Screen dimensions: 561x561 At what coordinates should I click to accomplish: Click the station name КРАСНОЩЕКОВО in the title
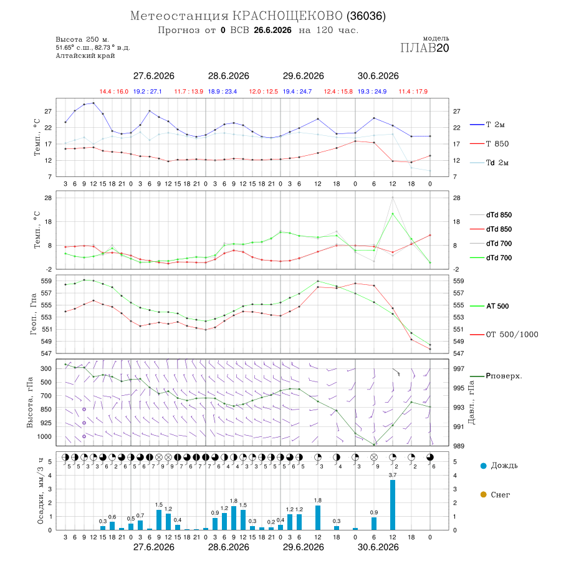[x=287, y=16]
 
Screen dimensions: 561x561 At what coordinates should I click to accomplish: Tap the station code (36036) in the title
[x=366, y=16]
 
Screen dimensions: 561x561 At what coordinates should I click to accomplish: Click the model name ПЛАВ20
[x=424, y=47]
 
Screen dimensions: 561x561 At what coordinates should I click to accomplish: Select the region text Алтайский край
[x=85, y=55]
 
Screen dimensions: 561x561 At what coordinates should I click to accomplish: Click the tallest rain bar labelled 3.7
[x=393, y=504]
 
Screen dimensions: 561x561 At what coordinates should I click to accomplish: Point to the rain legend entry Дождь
[x=499, y=466]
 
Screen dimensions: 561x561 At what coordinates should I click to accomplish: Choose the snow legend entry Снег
[x=495, y=494]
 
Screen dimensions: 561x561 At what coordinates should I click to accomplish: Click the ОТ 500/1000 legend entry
[x=504, y=335]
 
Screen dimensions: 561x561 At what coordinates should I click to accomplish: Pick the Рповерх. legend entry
[x=496, y=376]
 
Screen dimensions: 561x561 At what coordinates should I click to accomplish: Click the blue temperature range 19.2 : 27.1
[x=147, y=92]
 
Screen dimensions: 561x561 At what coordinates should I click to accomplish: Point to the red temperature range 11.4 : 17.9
[x=413, y=92]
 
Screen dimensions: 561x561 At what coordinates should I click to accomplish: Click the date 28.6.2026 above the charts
[x=228, y=76]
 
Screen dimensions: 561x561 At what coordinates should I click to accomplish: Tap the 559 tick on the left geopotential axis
[x=46, y=281]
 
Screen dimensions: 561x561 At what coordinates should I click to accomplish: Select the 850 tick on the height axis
[x=46, y=410]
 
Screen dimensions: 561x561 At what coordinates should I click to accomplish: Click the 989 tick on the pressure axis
[x=459, y=446]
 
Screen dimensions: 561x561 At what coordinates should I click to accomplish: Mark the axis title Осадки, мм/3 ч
[x=40, y=491]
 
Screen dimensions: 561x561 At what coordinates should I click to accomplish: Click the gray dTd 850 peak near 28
[x=393, y=197]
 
